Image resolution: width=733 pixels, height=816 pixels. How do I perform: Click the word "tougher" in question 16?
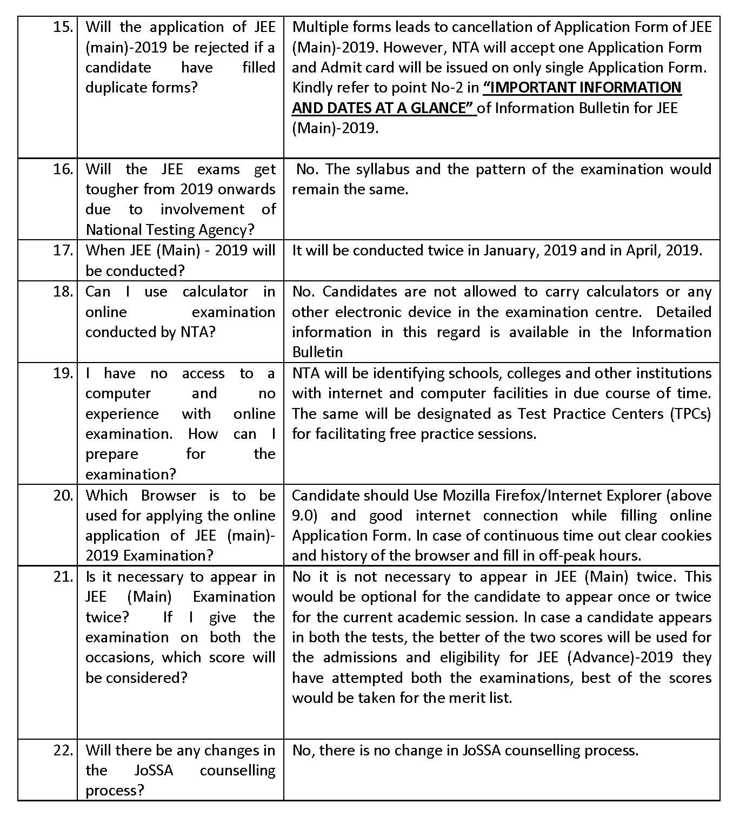click(112, 189)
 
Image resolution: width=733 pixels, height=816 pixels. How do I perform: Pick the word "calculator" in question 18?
click(215, 292)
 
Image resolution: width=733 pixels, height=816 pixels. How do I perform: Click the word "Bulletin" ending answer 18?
click(318, 352)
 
